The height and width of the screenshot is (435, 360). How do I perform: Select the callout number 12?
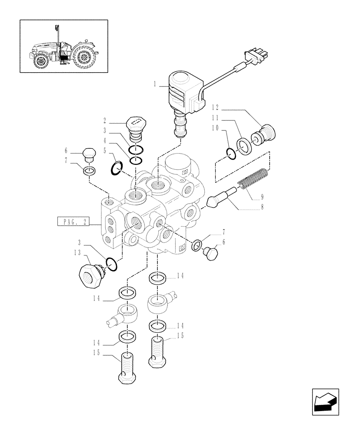coord(216,107)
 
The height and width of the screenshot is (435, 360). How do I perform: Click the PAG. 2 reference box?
coord(73,222)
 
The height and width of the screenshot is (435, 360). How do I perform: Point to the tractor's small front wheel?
coord(42,61)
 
